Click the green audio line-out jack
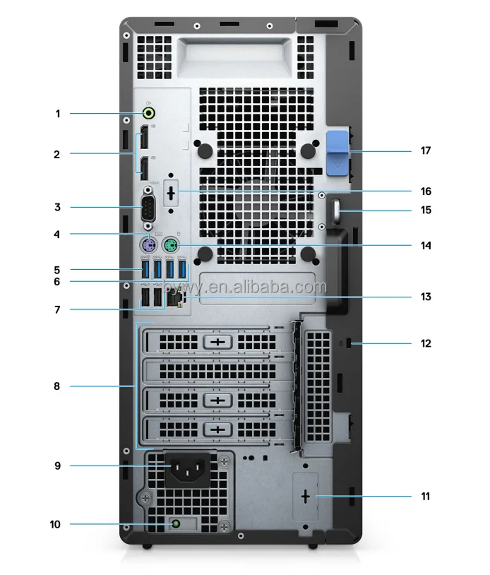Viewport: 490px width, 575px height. click(150, 112)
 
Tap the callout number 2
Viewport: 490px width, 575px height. click(57, 153)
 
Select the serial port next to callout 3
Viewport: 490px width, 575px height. click(148, 208)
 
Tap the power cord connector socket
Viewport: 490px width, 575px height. click(186, 466)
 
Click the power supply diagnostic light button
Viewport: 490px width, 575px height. click(174, 524)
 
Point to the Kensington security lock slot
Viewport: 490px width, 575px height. click(351, 344)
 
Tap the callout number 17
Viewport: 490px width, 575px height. click(425, 150)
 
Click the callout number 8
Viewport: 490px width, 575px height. click(57, 386)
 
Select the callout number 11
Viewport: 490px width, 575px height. click(425, 496)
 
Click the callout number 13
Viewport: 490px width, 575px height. click(425, 297)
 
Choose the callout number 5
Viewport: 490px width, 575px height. click(57, 269)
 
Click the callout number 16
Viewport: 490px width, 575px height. click(425, 191)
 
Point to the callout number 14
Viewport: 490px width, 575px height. click(425, 246)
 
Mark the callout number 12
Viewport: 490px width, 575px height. click(425, 344)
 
